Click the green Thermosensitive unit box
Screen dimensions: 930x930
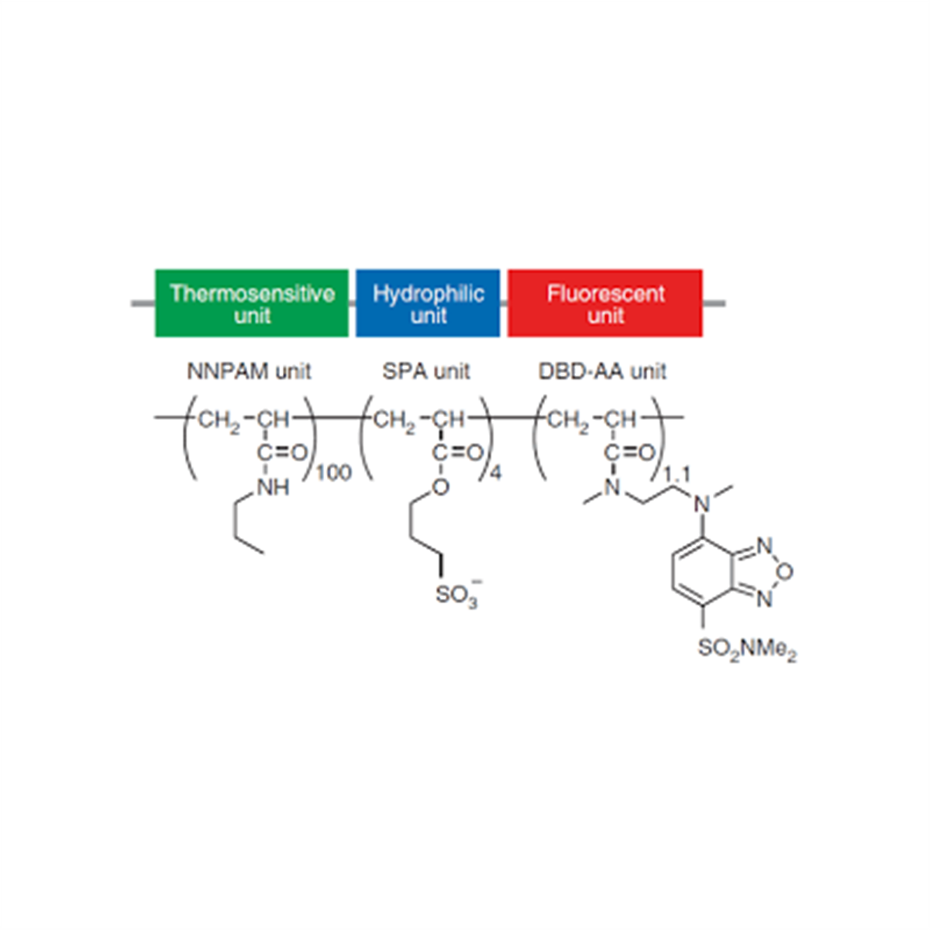251,303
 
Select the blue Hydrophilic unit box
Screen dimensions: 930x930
428,303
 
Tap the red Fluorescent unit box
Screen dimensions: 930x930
604,303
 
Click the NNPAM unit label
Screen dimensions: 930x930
249,372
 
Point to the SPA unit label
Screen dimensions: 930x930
425,372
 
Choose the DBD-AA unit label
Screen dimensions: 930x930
602,372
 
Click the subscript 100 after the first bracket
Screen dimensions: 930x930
333,473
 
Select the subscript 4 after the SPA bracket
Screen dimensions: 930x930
496,473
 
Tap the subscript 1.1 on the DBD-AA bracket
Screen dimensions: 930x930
677,475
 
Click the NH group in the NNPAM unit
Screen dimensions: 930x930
274,487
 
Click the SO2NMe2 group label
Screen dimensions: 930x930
747,649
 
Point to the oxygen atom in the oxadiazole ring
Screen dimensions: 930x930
785,572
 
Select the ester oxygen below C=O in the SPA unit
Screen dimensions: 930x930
440,487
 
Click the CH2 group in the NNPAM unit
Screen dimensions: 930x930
219,421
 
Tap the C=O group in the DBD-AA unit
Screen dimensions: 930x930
629,453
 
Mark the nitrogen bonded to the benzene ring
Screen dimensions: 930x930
702,505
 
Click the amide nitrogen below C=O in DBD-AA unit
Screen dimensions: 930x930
612,487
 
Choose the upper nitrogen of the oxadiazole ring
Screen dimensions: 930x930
764,546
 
